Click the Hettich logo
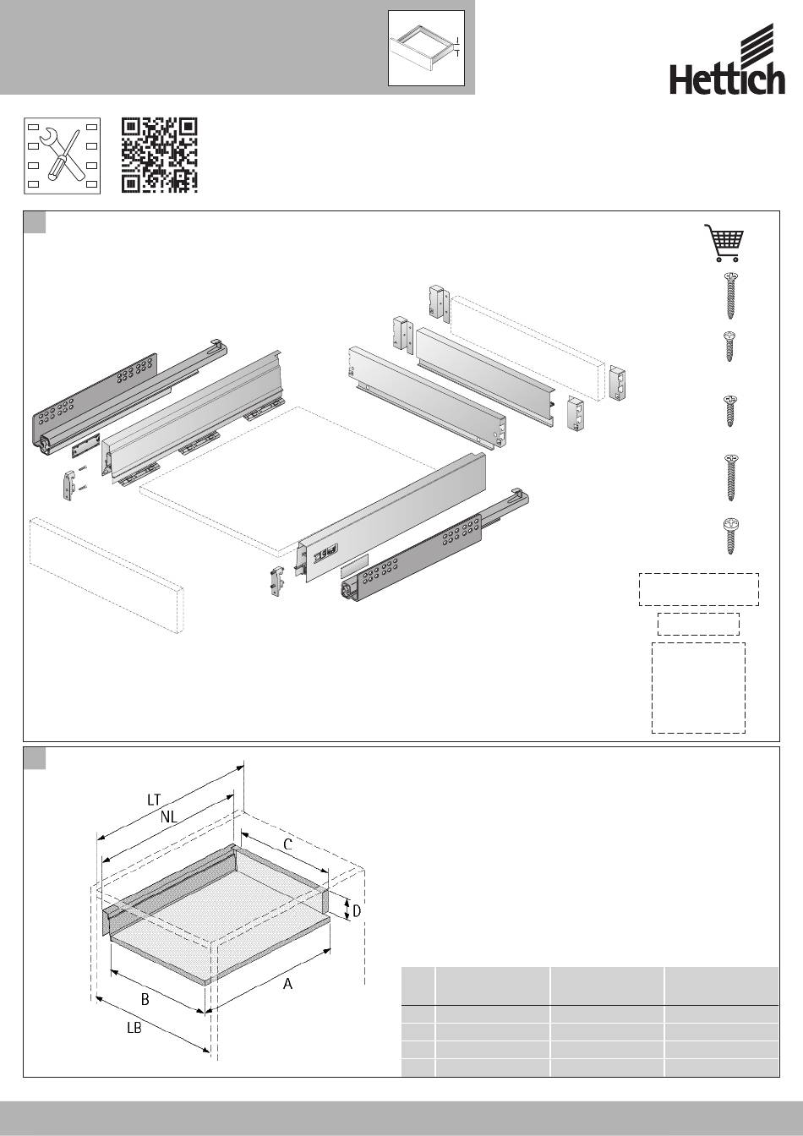[728, 59]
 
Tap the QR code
[159, 156]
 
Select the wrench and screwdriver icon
[62, 156]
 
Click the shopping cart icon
[724, 243]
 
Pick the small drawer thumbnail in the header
[426, 48]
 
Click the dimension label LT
[154, 800]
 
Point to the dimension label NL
[168, 816]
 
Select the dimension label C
[287, 844]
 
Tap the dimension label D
[357, 911]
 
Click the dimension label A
[287, 984]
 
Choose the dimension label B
[145, 999]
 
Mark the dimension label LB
[134, 1028]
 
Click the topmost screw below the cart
[730, 296]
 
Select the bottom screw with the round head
[730, 536]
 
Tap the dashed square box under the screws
[698, 688]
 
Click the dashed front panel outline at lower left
[107, 576]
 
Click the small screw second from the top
[729, 347]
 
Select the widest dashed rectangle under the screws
[699, 589]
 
